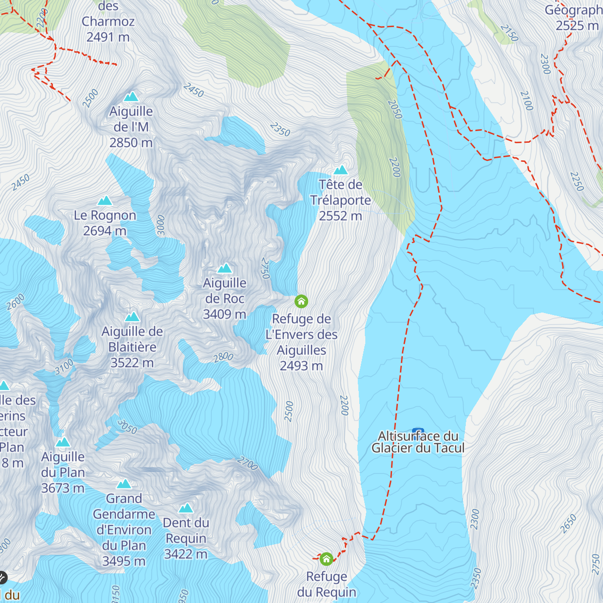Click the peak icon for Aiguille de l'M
coord(131,96)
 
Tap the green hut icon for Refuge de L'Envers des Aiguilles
coord(301,301)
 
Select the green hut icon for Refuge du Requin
coord(326,559)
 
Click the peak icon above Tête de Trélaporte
coord(341,170)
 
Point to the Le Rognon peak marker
coord(105,201)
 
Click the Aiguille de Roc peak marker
coord(224,268)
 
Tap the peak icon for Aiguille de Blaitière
coord(132,317)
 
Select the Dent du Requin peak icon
coord(186,508)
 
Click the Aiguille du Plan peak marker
coord(63,442)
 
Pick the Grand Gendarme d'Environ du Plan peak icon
coord(124,484)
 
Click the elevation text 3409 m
coord(224,314)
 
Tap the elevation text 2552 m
coord(340,216)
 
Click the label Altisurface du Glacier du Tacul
coord(418,442)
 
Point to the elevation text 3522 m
coord(132,362)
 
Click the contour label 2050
coord(395,109)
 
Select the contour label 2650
coord(568,524)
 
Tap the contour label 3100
coord(64,367)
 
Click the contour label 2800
coord(223,357)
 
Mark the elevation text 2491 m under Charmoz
coord(108,37)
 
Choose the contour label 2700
coord(247,463)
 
